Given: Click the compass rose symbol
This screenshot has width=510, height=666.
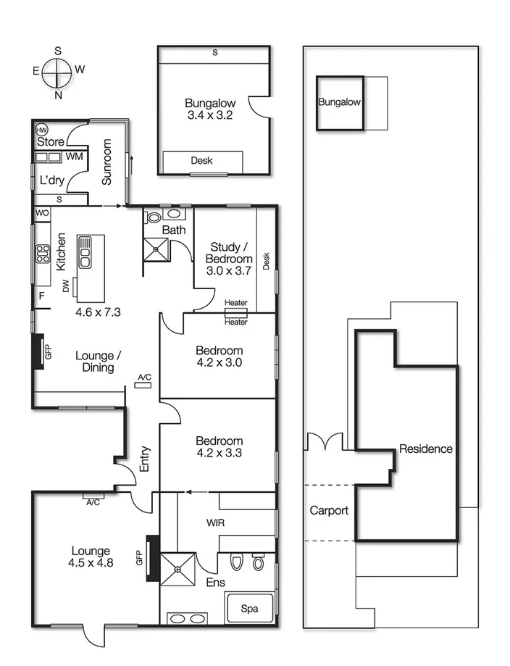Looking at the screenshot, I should click(x=57, y=72).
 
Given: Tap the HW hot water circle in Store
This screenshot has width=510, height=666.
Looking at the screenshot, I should click(x=41, y=128).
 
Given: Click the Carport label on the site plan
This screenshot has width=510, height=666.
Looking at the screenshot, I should click(x=329, y=510).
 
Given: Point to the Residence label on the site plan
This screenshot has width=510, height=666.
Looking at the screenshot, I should click(x=426, y=449).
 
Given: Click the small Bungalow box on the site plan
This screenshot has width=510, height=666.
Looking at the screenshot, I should click(x=339, y=103).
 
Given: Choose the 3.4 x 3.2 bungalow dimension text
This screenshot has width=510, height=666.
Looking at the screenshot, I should click(x=209, y=115).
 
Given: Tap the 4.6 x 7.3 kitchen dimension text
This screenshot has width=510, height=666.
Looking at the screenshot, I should click(x=98, y=312).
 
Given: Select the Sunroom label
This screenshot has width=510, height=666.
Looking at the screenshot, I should click(x=106, y=162).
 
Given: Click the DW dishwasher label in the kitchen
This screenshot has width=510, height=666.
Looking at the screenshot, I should click(x=66, y=288).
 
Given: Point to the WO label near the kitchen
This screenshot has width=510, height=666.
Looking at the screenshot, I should click(x=42, y=214).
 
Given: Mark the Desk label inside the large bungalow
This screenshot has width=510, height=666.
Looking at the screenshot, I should click(x=201, y=161).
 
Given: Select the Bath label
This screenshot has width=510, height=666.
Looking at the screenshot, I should click(x=174, y=230).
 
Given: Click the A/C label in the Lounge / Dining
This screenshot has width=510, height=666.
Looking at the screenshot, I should click(x=144, y=377).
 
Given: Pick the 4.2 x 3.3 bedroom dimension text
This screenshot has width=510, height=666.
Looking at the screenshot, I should click(x=219, y=454).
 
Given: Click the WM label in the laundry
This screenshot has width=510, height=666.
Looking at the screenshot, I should click(x=74, y=156).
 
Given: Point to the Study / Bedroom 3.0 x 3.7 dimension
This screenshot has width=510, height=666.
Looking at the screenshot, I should click(x=229, y=272).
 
